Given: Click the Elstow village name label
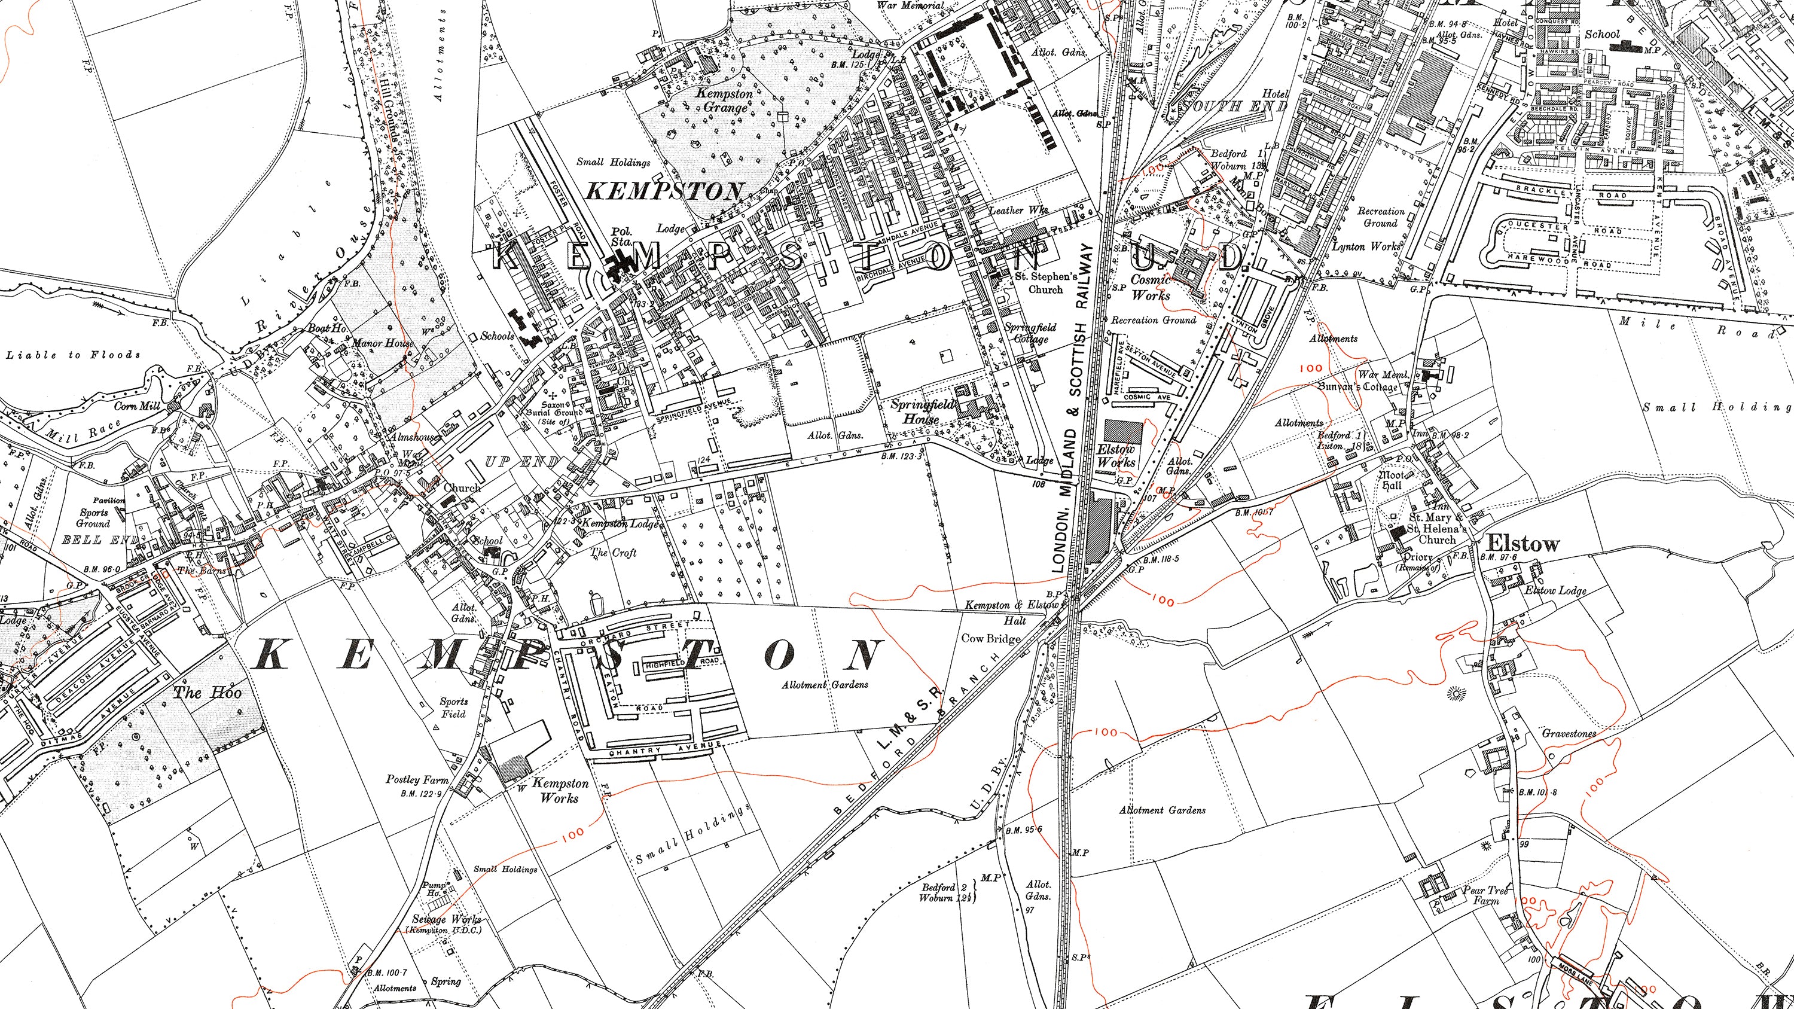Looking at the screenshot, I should coord(1523,544).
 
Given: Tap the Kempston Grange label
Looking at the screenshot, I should coord(726,100).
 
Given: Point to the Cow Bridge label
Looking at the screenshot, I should coord(990,639).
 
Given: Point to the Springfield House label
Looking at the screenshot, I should coord(922,411).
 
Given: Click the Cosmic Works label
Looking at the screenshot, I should coord(1151,287).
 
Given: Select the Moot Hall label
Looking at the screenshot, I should coord(1392,480).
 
